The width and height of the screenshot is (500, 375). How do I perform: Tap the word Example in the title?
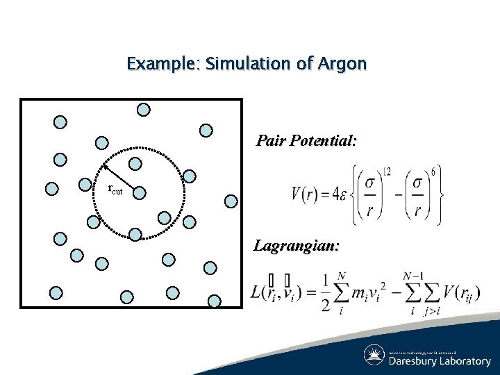coord(160,65)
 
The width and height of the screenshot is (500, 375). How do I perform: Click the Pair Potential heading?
coord(306,141)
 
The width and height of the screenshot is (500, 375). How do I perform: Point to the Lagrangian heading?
coord(297,245)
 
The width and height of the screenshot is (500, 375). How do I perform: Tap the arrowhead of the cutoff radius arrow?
coord(105,167)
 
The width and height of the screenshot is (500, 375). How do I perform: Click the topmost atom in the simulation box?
coord(143,109)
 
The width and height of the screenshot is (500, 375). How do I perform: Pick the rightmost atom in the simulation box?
coord(231,201)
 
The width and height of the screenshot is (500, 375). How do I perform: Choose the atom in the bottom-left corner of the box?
coord(56,293)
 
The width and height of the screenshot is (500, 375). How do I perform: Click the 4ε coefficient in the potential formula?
coord(342,194)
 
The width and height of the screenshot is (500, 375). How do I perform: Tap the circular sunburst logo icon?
coord(374,355)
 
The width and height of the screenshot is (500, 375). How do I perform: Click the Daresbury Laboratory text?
coord(439,361)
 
